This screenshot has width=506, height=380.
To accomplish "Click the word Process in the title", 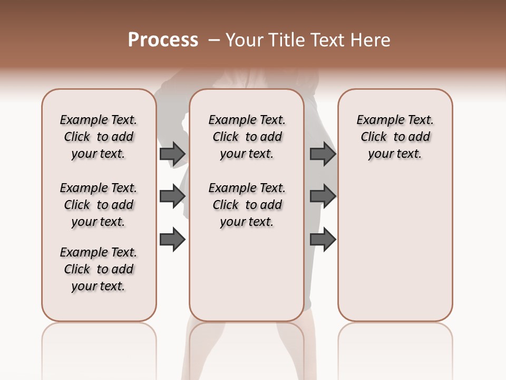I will tap(163, 40).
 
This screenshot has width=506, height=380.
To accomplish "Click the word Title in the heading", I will tap(286, 40).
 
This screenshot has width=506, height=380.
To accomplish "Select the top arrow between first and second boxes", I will tap(172, 154).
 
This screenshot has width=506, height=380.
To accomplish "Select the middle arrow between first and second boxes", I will tap(172, 196).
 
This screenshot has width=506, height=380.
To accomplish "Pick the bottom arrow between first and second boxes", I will tap(172, 239).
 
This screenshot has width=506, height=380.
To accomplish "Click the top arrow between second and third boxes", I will tap(323, 154).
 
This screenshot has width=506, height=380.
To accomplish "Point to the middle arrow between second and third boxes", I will tap(323, 196).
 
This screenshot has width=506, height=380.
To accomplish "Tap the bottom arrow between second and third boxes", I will tap(323, 239).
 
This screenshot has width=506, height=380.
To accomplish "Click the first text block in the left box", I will tap(99, 137).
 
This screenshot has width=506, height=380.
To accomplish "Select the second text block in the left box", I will tap(99, 205).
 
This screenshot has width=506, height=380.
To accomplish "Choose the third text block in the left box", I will tap(99, 269).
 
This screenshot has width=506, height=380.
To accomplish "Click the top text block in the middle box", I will tap(247, 137).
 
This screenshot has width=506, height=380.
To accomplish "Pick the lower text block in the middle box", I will tap(247, 205).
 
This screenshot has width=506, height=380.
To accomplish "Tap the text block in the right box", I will tap(395, 137).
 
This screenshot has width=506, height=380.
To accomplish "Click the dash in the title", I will tap(214, 41).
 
